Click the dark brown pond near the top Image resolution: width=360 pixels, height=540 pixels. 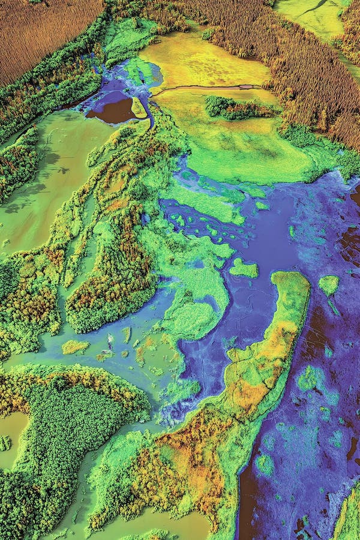coord(115,111)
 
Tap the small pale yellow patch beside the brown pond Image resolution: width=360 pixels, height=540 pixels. coord(139,108)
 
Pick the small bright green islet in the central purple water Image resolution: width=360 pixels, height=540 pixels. coord(244,268)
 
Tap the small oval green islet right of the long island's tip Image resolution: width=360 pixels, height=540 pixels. coord(328,284)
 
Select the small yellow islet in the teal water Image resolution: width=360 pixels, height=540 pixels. coord(74,347)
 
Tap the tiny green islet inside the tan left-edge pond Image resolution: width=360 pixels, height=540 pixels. coord(5,443)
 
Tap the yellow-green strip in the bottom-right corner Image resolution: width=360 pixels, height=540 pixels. coord(348,516)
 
